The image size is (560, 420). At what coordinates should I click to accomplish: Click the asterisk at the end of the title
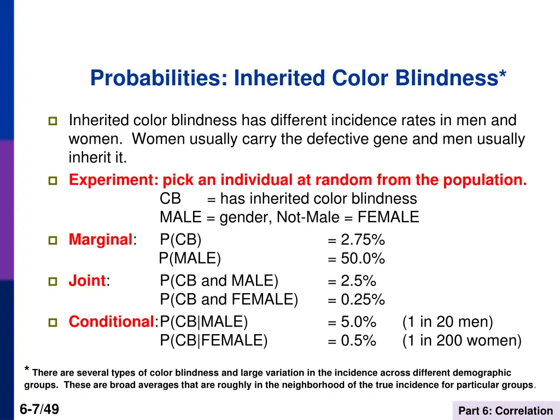(x=502, y=74)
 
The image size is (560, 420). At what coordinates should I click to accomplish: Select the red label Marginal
(x=101, y=240)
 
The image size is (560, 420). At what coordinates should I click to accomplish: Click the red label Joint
(x=87, y=281)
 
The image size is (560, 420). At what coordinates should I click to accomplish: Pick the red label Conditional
(x=111, y=322)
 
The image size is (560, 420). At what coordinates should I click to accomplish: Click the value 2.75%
(x=363, y=240)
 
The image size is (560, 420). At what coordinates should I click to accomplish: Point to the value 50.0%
(x=363, y=259)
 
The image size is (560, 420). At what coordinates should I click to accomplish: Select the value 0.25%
(x=363, y=300)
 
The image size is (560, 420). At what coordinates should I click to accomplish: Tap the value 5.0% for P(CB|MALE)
(x=358, y=322)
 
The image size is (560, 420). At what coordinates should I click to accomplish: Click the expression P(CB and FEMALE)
(x=229, y=300)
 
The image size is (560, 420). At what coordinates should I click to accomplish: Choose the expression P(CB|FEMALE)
(x=214, y=341)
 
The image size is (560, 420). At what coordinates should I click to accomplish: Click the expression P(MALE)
(x=190, y=259)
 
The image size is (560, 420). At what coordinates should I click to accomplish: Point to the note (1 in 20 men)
(x=447, y=322)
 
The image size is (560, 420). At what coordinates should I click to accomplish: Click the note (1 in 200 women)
(x=462, y=341)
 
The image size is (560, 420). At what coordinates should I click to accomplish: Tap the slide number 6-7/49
(x=39, y=409)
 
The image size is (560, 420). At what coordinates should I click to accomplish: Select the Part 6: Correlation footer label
(x=505, y=411)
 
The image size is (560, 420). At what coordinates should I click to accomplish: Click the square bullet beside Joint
(x=53, y=282)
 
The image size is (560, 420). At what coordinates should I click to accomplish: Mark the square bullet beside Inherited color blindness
(x=53, y=121)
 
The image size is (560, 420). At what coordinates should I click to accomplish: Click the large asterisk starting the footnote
(x=27, y=370)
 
